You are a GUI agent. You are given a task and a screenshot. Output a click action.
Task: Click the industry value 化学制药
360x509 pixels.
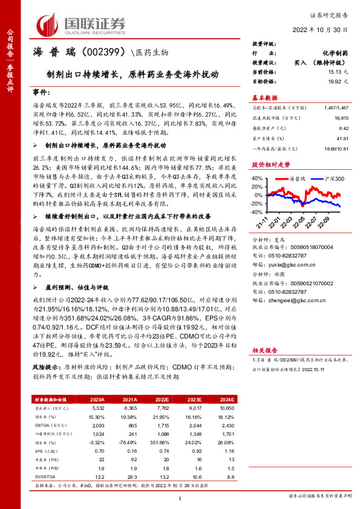(x=335, y=53)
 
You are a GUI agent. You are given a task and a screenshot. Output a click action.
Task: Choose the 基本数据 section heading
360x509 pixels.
(x=264, y=97)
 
